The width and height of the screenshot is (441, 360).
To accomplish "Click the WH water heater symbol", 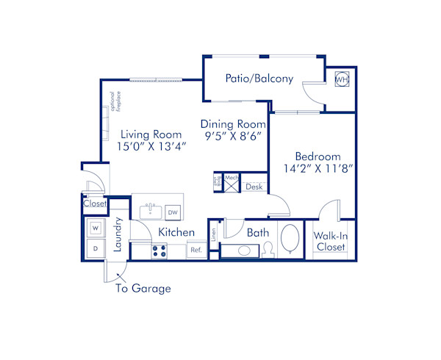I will point(342,79).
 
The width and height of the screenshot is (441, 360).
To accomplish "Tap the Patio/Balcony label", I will point(259,79).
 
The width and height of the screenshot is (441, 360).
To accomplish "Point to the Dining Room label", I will point(232,125).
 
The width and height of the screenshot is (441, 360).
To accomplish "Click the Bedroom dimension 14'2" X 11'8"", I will point(318,168).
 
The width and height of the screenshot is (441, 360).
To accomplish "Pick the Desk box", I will point(254,187).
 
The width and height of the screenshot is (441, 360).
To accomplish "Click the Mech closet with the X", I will point(232,183).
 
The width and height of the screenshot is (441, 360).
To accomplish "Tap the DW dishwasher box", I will point(173,212).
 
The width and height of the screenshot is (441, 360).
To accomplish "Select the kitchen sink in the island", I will point(151,212).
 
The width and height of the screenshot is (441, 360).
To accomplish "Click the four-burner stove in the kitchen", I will point(159,251).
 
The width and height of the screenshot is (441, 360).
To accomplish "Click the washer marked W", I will point(96,228).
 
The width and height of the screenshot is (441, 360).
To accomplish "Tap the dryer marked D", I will point(96,250).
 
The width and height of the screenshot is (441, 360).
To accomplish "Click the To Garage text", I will point(143,288).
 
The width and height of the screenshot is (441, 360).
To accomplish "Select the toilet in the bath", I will point(268,250).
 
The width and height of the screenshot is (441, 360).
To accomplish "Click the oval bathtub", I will point(290,240).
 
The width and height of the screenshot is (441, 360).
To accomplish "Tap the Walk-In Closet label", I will point(330,242).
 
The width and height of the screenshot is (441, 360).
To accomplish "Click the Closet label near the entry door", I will point(95,204).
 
